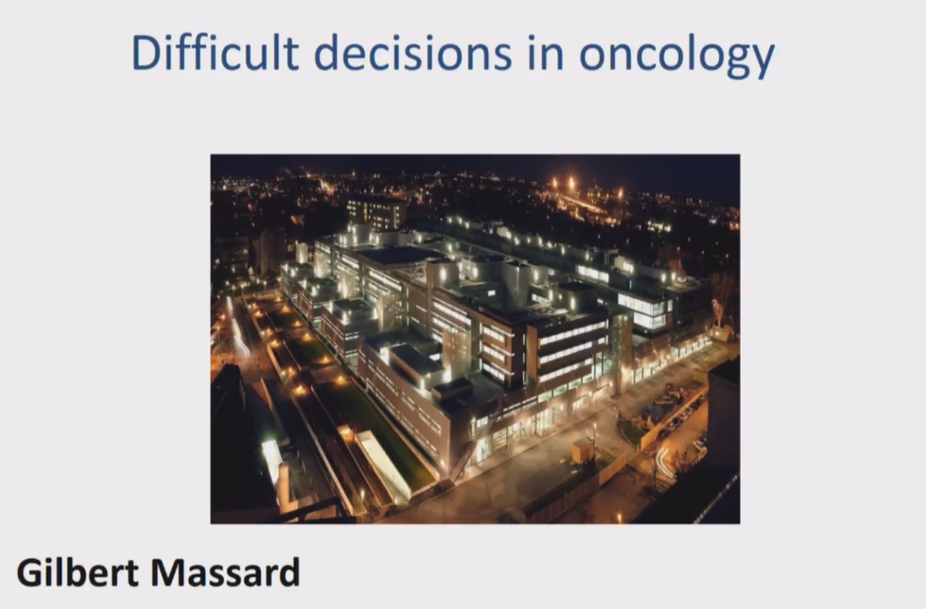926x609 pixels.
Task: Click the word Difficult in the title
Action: tap(215, 53)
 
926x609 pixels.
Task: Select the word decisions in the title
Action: tap(412, 53)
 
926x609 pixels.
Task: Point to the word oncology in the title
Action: tap(676, 56)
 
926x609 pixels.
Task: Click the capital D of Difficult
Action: tap(146, 53)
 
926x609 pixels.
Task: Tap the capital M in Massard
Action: tap(168, 572)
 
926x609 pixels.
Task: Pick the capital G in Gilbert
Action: tap(31, 572)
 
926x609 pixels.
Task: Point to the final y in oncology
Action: tap(761, 60)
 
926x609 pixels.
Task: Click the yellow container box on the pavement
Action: tap(583, 451)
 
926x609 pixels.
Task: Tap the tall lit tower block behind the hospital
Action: tap(376, 213)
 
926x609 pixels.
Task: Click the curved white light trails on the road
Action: tap(664, 461)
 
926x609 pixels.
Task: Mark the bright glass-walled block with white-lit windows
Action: tap(646, 310)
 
